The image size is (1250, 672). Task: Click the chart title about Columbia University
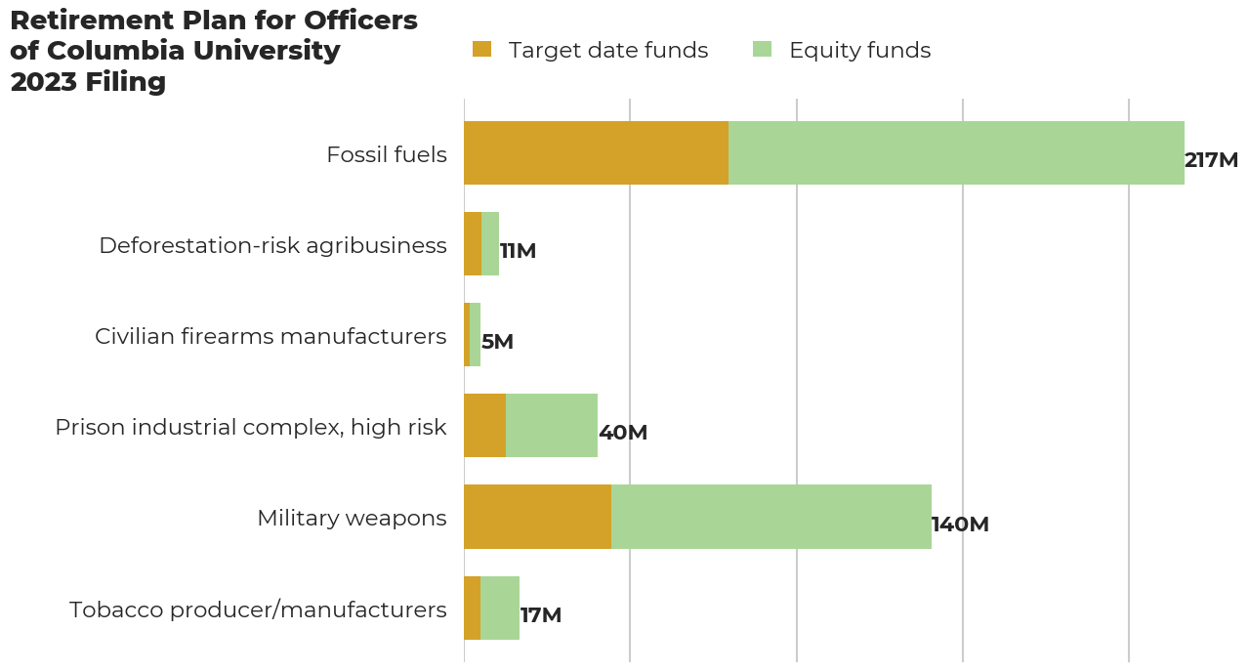click(213, 51)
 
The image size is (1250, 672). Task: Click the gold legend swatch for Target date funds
click(481, 50)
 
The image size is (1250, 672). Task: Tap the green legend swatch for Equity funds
click(763, 50)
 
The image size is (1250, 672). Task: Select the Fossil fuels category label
click(387, 154)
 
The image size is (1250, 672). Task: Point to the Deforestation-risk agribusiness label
click(272, 245)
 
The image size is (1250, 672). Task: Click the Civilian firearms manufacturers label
click(271, 336)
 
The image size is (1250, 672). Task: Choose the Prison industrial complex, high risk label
click(251, 427)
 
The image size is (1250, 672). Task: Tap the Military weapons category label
click(352, 518)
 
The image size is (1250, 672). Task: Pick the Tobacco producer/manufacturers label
click(258, 609)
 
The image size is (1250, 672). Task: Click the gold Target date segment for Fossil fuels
click(596, 153)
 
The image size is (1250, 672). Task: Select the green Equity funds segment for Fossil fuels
click(956, 153)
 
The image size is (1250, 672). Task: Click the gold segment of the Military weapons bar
click(537, 517)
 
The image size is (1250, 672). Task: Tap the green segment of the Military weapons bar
click(771, 517)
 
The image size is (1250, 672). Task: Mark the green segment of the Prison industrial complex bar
click(552, 426)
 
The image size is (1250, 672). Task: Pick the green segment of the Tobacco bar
click(500, 608)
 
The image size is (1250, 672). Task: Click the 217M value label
click(1211, 160)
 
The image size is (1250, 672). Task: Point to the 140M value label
click(960, 525)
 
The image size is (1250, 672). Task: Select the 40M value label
click(623, 433)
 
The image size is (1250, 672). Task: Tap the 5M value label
click(497, 342)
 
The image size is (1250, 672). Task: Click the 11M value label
click(518, 251)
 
